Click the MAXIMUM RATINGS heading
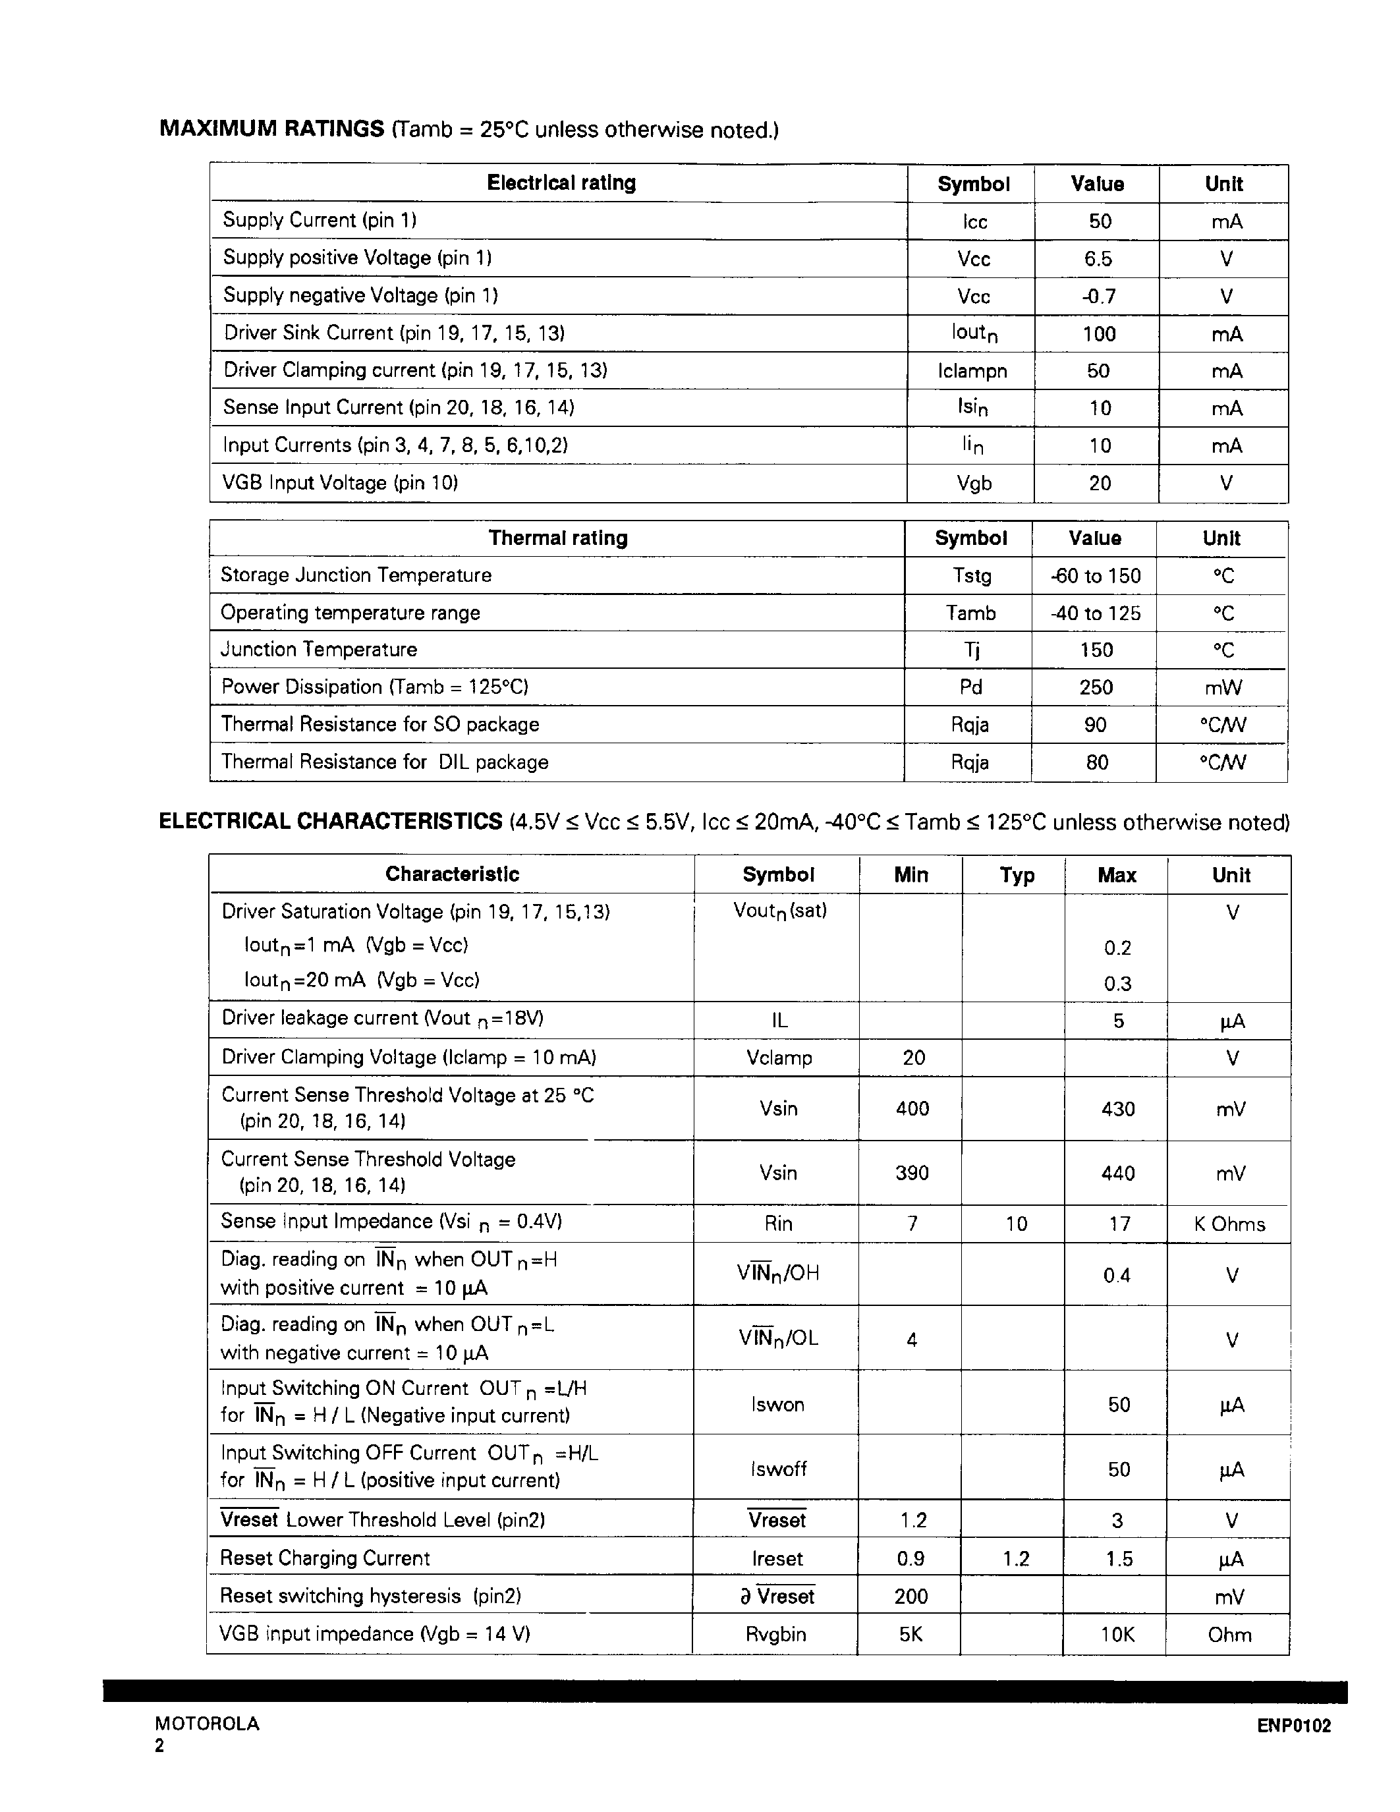[x=271, y=129]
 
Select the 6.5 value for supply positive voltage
[x=1098, y=259]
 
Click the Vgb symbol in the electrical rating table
[x=974, y=483]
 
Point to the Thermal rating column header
[x=557, y=538]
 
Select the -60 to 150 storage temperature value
[x=1096, y=576]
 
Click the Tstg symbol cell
[x=971, y=576]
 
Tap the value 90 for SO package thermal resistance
[x=1095, y=725]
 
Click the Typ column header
[x=1017, y=875]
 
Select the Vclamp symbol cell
[x=779, y=1058]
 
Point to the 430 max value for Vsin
[x=1117, y=1109]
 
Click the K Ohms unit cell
[x=1229, y=1225]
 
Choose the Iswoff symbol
[x=778, y=1469]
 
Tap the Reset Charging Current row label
[x=325, y=1558]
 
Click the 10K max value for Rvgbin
[x=1116, y=1635]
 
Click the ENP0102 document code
[x=1293, y=1726]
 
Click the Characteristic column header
[x=452, y=874]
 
